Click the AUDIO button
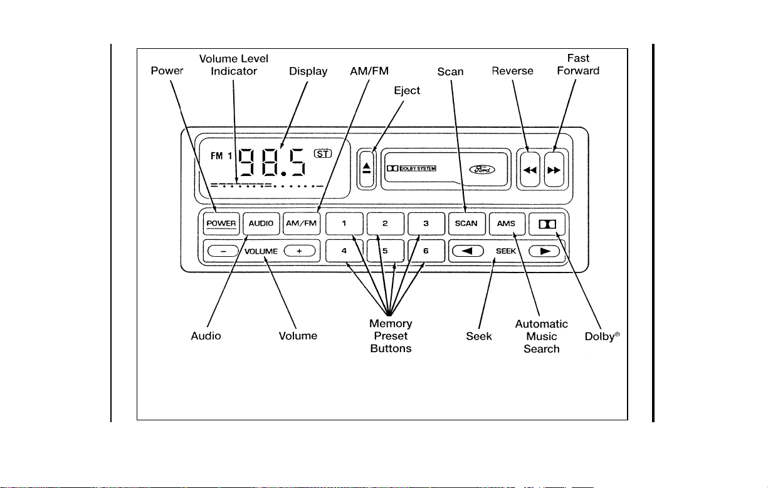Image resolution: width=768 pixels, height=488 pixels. tap(261, 224)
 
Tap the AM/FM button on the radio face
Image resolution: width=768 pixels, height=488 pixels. tap(302, 224)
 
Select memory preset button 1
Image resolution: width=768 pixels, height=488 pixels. tap(344, 224)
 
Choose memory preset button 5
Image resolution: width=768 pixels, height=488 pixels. tap(386, 251)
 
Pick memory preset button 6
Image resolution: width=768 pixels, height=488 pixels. tap(426, 251)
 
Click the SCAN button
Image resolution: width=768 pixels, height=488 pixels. tap(466, 224)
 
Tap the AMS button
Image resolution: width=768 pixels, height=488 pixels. tap(507, 224)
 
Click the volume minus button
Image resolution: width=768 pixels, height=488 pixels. tap(223, 251)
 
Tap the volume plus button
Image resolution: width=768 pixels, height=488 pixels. tap(300, 251)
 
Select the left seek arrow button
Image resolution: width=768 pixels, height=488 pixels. tap(468, 251)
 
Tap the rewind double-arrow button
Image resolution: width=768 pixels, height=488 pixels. tap(530, 170)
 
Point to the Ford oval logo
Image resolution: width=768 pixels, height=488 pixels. tap(482, 169)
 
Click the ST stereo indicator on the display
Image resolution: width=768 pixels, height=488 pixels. tap(323, 153)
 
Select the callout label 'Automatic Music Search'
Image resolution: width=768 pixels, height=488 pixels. tap(542, 336)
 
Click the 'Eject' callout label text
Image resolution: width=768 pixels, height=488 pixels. tap(407, 90)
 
